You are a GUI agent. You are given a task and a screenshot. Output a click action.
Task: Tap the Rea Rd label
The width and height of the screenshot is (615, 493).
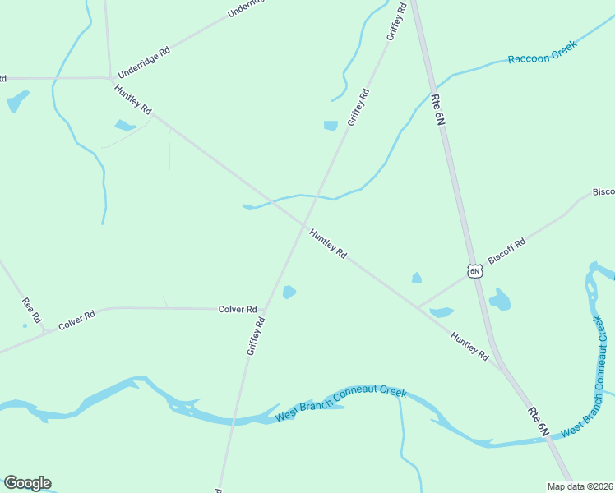click(31, 310)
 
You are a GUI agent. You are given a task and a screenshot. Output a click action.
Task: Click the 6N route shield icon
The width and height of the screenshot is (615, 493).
click(474, 270)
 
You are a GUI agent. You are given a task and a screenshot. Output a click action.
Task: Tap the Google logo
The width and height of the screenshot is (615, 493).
click(27, 483)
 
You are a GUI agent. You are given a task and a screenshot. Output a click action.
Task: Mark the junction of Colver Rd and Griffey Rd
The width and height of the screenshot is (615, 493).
click(262, 310)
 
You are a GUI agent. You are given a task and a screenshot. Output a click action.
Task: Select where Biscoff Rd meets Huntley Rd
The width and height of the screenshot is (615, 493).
click(417, 308)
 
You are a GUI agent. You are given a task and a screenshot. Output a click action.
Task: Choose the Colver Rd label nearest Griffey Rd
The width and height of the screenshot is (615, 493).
click(238, 310)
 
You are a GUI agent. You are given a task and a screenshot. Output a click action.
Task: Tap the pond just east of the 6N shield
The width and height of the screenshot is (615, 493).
click(499, 300)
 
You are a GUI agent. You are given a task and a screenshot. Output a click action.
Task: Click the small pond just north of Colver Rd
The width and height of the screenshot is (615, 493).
click(289, 292)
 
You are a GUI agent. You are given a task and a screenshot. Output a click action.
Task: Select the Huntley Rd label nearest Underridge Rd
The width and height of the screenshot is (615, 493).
click(133, 99)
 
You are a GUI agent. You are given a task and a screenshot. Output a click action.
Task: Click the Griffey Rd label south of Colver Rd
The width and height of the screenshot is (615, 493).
click(255, 337)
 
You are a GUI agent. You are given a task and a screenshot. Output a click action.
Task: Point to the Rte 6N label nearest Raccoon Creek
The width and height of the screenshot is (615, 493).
click(437, 109)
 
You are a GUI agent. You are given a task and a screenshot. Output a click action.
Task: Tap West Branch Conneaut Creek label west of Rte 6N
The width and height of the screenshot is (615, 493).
click(341, 403)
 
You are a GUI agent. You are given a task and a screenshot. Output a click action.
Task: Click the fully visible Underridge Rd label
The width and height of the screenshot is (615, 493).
click(144, 62)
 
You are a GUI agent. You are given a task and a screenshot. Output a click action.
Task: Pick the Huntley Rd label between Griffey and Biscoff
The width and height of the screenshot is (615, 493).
click(327, 245)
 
